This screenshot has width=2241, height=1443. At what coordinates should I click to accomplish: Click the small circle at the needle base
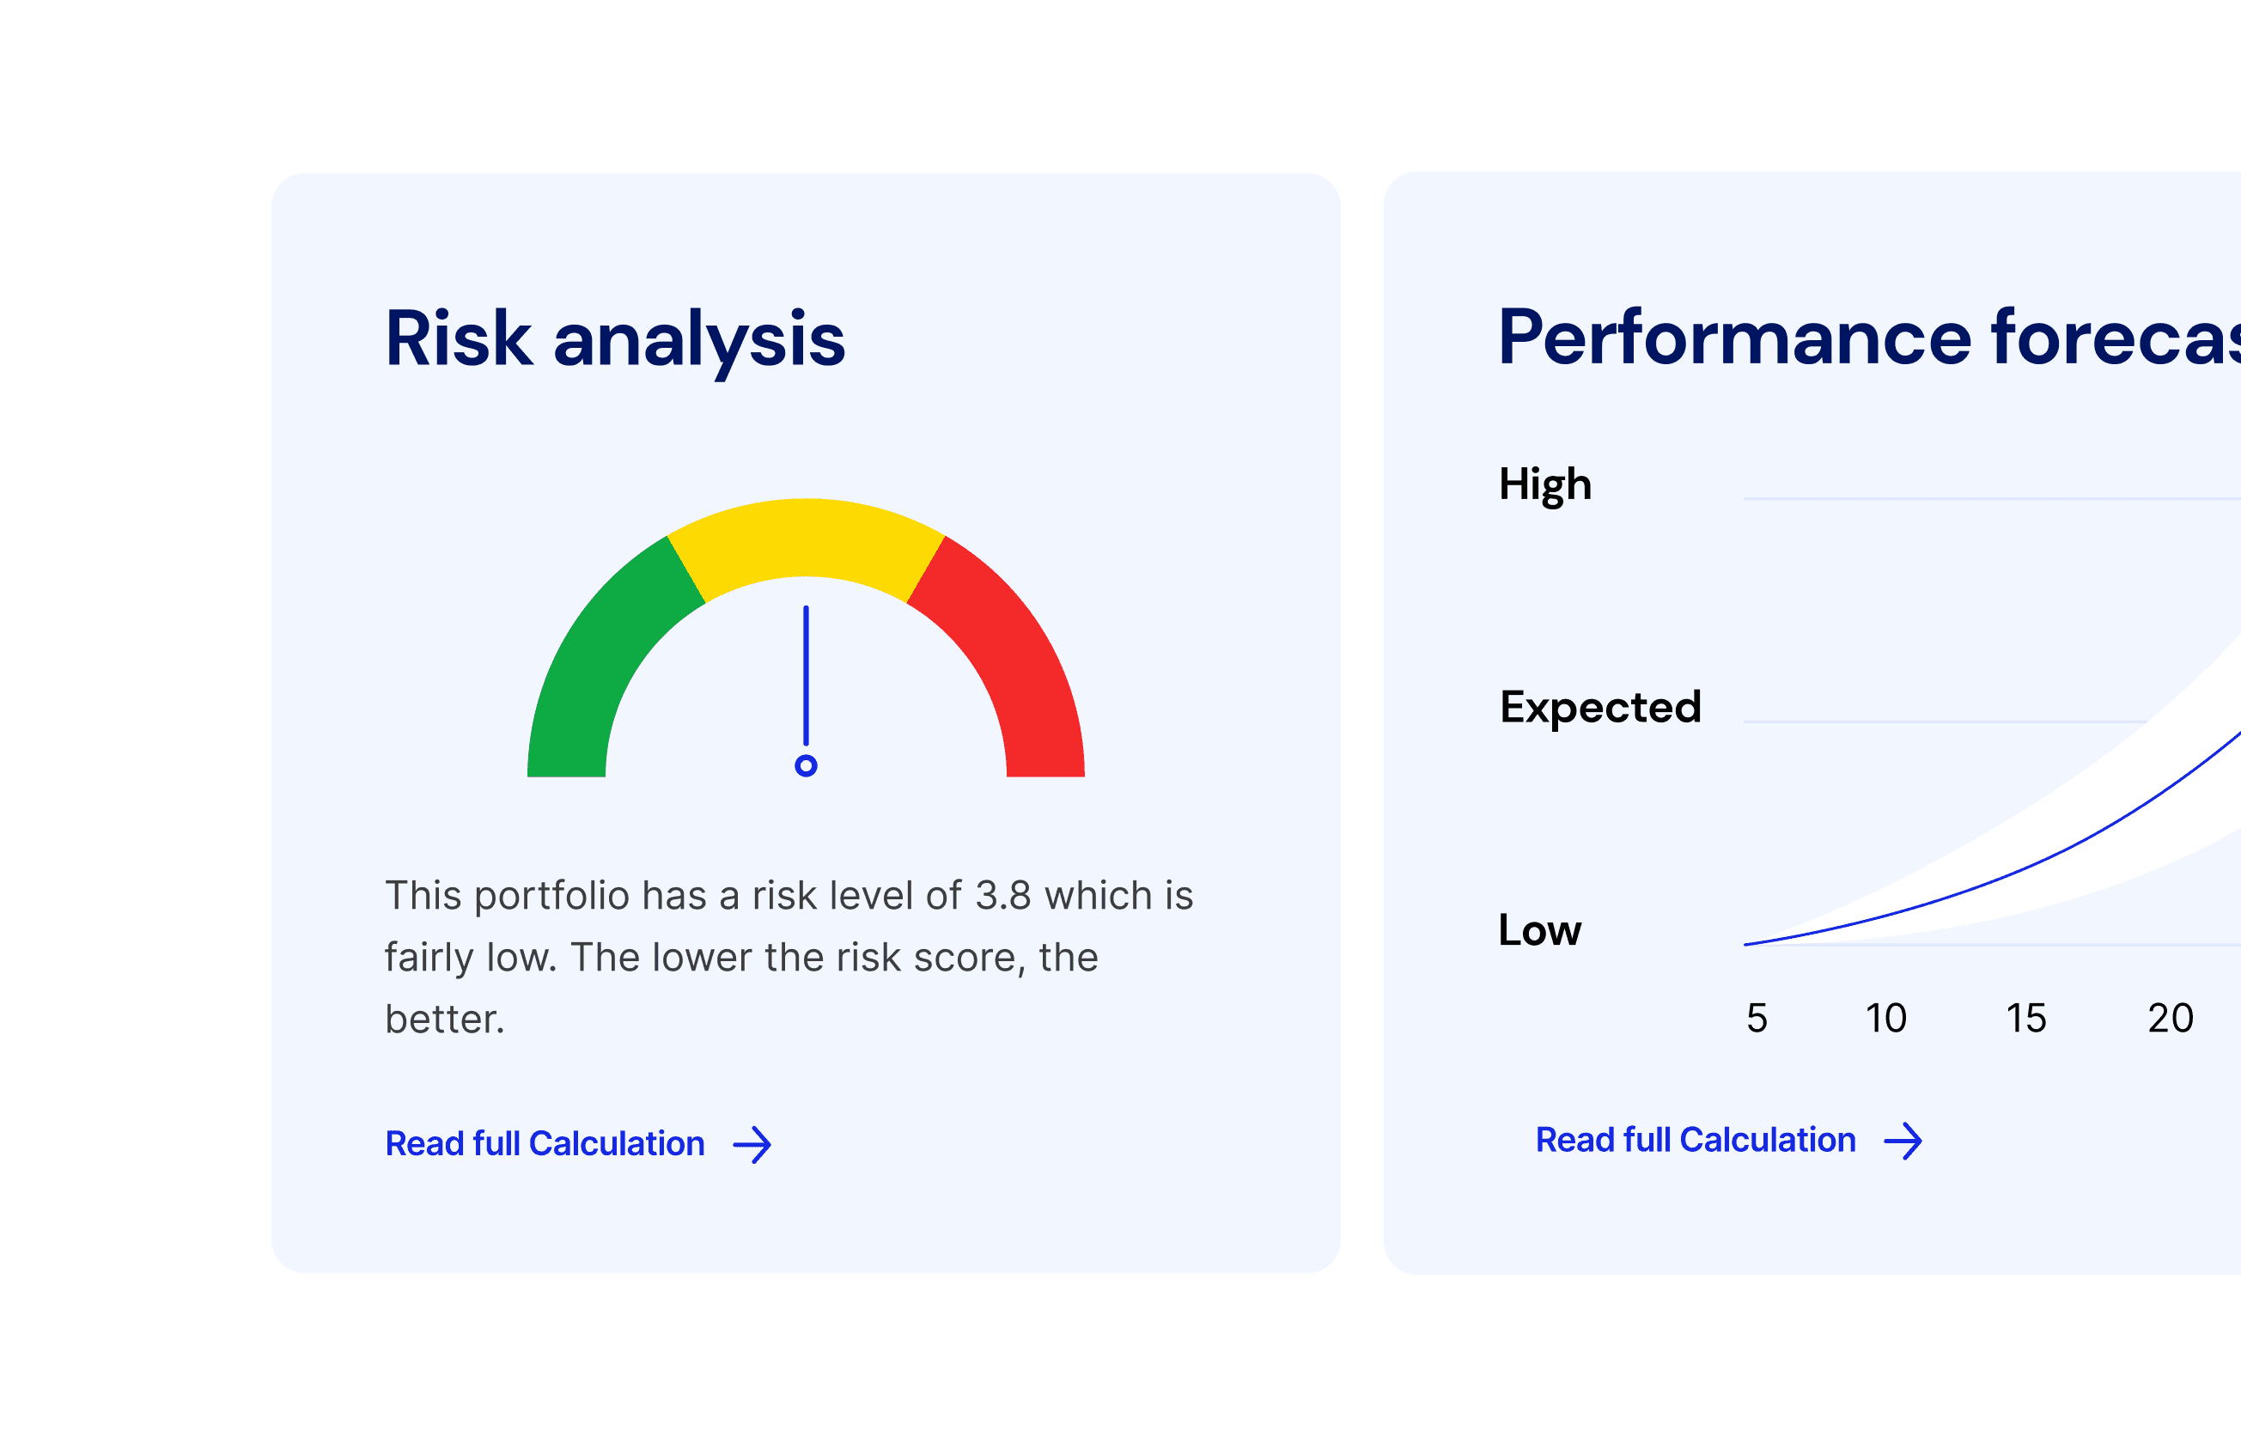click(x=806, y=765)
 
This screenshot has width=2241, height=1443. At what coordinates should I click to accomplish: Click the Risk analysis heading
click(x=616, y=340)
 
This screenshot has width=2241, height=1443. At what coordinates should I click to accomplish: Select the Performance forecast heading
click(x=1869, y=338)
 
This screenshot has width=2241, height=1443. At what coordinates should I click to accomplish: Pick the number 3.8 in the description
click(x=1003, y=896)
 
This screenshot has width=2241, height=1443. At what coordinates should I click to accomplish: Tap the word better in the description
click(x=445, y=1020)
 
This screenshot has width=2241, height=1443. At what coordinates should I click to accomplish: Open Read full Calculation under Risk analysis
click(x=545, y=1143)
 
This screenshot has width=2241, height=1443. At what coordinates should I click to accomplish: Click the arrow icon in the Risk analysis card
click(x=752, y=1144)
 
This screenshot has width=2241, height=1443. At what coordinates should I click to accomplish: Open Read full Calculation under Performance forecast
click(x=1696, y=1140)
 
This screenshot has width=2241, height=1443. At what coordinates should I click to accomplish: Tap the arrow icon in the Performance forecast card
click(x=1903, y=1141)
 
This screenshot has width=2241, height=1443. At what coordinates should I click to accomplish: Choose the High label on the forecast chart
click(x=1546, y=485)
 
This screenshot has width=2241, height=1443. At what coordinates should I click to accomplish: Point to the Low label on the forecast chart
click(x=1540, y=930)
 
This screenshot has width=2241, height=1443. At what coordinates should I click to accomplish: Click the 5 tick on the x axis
click(x=1757, y=1019)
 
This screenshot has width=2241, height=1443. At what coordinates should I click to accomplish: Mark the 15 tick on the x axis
click(x=2026, y=1019)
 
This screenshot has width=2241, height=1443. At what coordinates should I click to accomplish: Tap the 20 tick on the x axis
click(x=2171, y=1019)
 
